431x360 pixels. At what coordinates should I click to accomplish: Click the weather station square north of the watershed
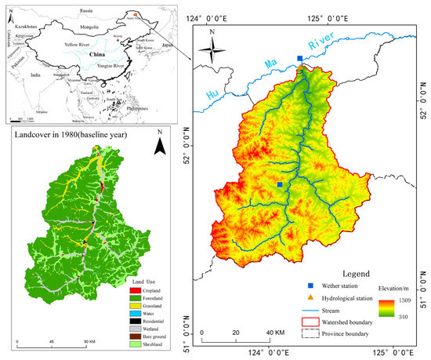coord(300,58)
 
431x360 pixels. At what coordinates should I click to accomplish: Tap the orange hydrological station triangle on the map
coord(301,68)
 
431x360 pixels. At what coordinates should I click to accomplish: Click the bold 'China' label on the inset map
coord(99,56)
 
